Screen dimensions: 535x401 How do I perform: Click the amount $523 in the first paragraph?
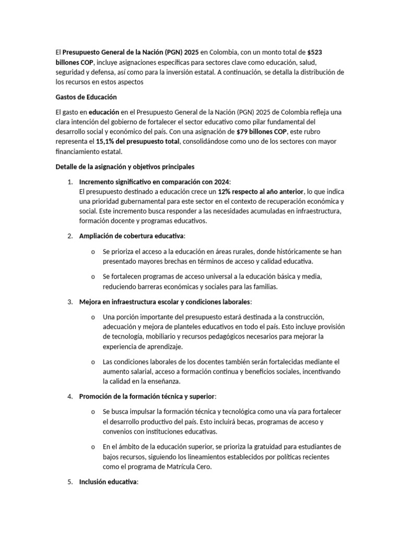(x=319, y=52)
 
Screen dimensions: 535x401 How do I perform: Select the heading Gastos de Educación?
(x=86, y=97)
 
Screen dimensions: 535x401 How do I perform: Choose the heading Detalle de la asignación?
(x=125, y=167)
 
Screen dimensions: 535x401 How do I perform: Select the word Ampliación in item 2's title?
(x=98, y=236)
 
